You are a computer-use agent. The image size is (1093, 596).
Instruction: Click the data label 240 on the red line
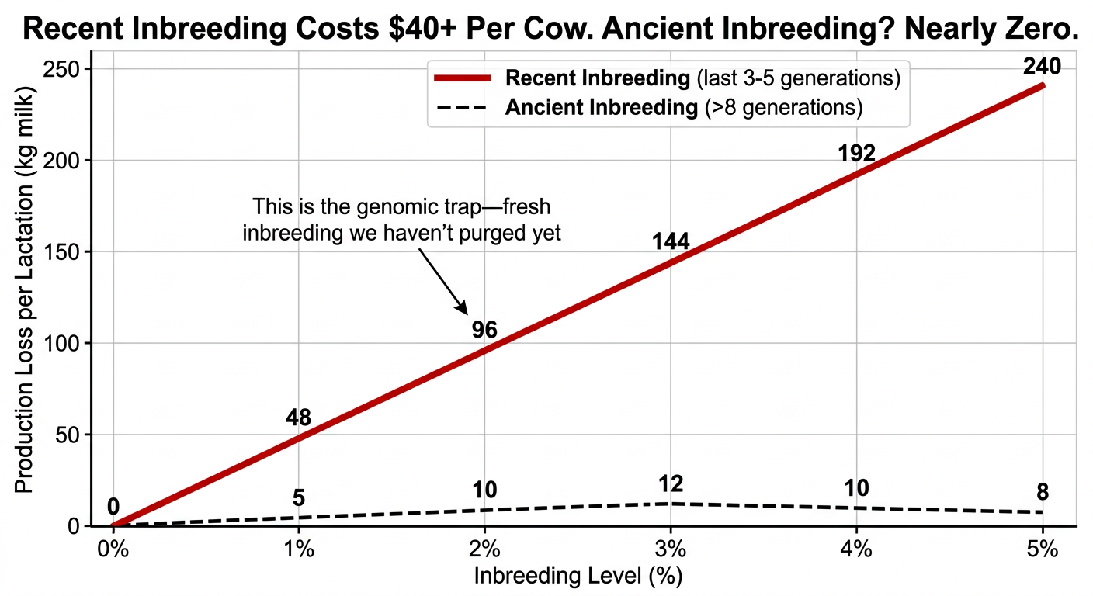[1042, 68]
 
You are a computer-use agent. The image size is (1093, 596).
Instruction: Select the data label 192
[856, 154]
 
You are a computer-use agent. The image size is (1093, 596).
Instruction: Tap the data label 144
[671, 242]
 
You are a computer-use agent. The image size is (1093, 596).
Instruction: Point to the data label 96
[484, 330]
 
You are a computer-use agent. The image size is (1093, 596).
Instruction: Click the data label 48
[298, 418]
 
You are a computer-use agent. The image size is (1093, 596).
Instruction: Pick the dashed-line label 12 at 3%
[671, 484]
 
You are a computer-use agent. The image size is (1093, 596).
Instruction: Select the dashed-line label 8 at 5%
[1043, 493]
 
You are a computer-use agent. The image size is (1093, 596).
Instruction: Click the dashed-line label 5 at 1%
[298, 498]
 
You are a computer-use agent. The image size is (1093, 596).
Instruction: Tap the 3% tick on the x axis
[671, 549]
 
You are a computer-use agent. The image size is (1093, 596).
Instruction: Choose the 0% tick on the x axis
[113, 549]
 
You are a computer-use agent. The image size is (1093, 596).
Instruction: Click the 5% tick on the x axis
[1043, 549]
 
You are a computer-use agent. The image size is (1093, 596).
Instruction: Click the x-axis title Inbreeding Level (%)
[578, 577]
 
